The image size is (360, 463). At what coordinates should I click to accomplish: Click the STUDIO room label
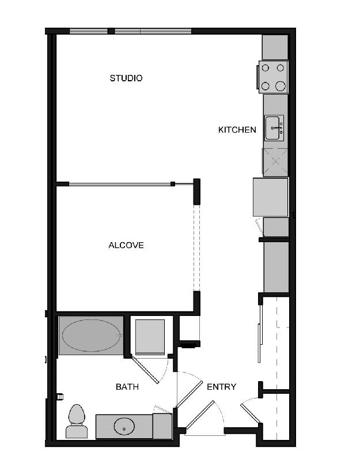click(126, 78)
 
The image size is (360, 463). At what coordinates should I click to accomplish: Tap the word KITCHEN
click(237, 130)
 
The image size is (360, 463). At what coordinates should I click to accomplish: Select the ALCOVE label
click(126, 245)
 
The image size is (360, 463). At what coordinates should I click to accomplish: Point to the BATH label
click(127, 387)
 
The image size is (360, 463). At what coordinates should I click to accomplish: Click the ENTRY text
click(221, 387)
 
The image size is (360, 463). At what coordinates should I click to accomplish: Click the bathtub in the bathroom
click(89, 335)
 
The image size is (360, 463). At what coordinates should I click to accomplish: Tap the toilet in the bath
click(76, 420)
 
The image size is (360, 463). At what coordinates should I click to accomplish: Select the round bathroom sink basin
click(124, 427)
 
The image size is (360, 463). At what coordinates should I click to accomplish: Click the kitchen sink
click(274, 127)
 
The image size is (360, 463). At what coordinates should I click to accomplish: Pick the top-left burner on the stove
click(266, 68)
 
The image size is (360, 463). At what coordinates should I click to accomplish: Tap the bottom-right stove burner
click(281, 86)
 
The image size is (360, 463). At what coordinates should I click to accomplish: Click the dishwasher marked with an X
click(275, 161)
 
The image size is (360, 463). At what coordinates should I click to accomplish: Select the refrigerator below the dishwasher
click(270, 197)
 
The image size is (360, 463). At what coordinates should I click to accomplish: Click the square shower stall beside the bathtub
click(150, 337)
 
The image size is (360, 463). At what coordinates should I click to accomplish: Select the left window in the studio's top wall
click(88, 31)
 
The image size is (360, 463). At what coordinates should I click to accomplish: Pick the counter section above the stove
click(275, 47)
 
